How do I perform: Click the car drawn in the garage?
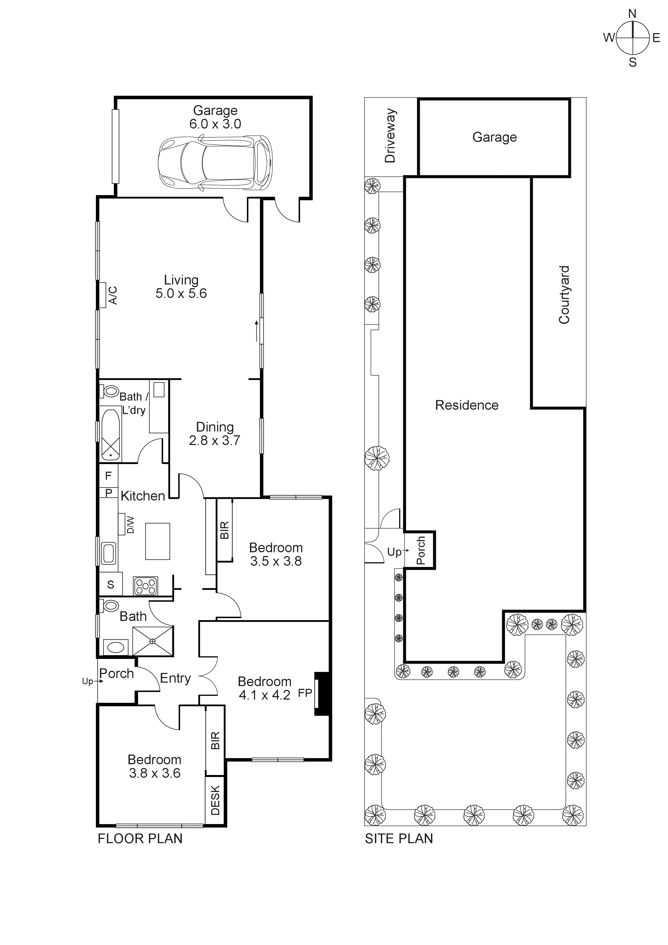[215, 163]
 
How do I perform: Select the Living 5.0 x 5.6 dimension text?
[181, 293]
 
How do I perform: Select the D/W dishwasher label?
[130, 526]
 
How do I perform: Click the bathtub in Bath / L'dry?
[110, 435]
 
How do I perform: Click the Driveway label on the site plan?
[390, 136]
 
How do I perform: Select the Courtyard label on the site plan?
[564, 295]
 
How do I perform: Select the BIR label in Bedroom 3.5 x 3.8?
[225, 530]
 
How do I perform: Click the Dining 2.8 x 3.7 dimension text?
[214, 440]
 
